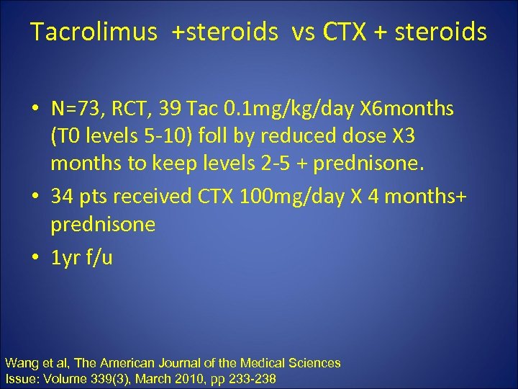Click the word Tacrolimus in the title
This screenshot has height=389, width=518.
94,32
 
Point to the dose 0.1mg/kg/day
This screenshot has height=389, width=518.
279,109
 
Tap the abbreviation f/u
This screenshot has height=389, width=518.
99,257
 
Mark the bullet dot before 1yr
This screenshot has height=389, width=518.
35,258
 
